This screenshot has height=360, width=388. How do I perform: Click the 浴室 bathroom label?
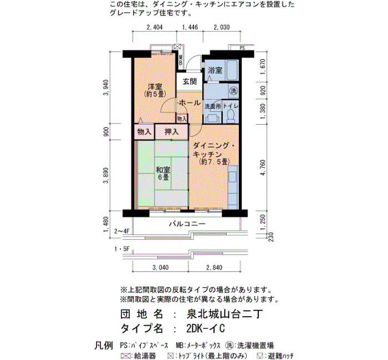215,70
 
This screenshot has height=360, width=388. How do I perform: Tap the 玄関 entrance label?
190,81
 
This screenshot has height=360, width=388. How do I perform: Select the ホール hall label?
190,102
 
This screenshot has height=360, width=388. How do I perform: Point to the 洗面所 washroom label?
213,106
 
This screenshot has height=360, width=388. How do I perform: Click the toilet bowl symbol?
231,116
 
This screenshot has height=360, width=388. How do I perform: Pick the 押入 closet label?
171,132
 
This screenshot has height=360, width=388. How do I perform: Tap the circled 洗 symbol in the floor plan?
233,90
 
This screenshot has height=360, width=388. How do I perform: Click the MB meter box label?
181,60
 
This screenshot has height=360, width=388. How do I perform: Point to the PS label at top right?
242,48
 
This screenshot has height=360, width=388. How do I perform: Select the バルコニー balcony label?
187,224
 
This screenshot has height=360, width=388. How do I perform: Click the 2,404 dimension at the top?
155,27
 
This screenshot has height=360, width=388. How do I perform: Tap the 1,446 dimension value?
190,27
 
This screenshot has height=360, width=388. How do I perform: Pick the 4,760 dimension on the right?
263,168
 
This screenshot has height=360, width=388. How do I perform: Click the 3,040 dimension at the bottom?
161,268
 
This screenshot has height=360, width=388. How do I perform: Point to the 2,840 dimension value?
215,268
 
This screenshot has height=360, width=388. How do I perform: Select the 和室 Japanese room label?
163,170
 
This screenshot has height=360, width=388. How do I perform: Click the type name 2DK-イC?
206,328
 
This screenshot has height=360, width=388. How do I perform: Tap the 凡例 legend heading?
104,346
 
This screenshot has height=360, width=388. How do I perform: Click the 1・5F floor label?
122,249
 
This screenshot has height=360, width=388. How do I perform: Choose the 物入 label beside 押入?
144,132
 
